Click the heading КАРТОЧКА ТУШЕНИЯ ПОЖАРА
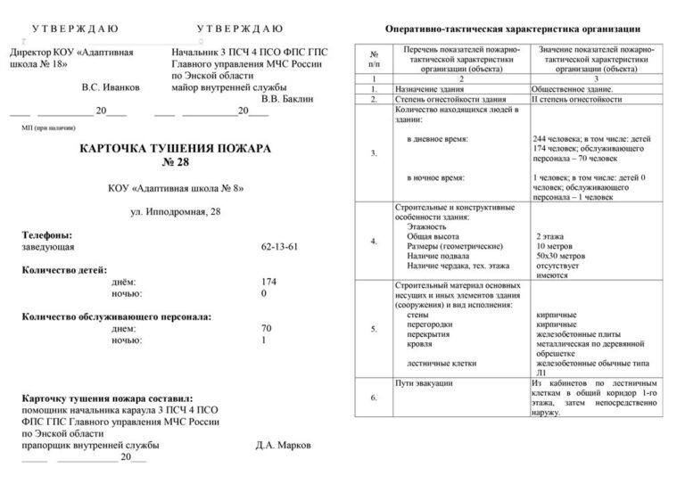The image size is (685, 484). pos(175,150)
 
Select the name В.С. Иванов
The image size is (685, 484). pos(111,87)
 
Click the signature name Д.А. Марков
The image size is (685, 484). pos(284,443)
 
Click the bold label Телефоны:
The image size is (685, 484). pos(47,234)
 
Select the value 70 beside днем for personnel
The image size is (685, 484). pos(266,328)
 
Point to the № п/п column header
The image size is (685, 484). pos(374,60)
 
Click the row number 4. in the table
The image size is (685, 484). pos(374,242)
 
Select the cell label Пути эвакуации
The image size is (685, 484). pos(424,382)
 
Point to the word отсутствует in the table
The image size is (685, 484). pos(557,266)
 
